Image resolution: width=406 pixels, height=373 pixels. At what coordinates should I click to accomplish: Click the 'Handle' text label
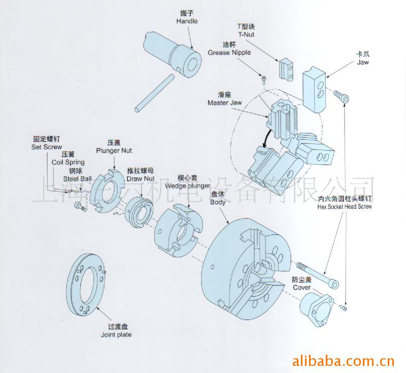click(x=187, y=21)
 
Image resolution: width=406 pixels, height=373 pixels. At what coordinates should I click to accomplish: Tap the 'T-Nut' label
click(x=246, y=34)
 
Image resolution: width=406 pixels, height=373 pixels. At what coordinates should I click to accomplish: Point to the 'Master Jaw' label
click(x=224, y=103)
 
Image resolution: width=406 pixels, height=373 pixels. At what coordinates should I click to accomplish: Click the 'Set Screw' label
click(x=46, y=147)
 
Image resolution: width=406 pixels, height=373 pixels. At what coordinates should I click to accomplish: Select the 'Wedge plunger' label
click(x=193, y=185)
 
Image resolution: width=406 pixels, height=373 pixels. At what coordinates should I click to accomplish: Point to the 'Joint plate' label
click(x=116, y=335)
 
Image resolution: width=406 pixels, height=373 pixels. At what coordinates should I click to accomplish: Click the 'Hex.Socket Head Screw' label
click(x=345, y=207)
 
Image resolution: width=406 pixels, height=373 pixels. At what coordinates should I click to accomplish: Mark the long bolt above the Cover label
click(x=318, y=274)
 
